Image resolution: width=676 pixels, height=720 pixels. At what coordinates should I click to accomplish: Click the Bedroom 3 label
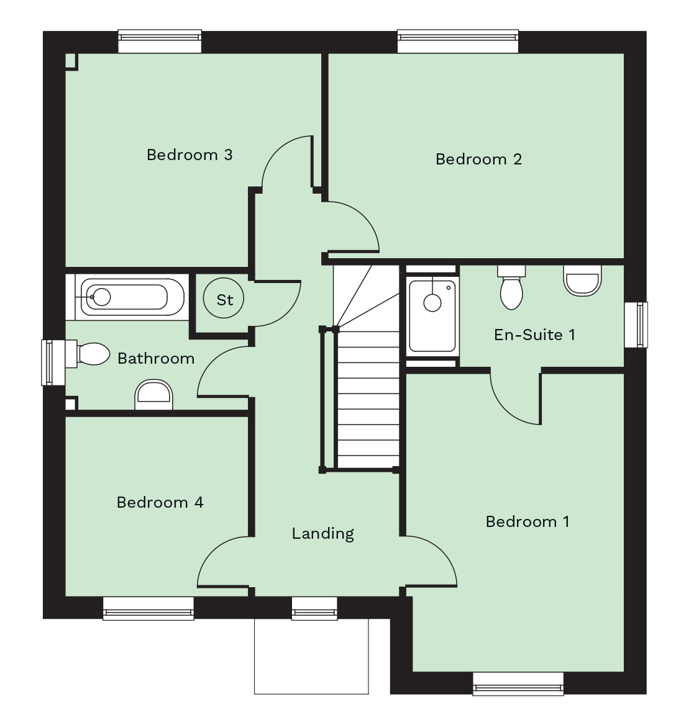coord(190,155)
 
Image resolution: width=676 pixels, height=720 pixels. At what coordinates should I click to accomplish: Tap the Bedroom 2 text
coord(478,160)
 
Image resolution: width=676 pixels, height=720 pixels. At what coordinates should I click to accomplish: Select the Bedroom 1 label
coord(528,521)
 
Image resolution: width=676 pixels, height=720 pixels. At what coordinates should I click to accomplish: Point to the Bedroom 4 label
coord(160,502)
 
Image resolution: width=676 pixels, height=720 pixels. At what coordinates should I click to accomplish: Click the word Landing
coord(323,533)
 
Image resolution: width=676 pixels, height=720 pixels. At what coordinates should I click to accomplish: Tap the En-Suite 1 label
coord(534,335)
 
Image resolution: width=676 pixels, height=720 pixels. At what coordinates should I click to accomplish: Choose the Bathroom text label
coord(156,359)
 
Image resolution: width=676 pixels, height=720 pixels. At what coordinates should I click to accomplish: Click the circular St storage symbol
coord(224,299)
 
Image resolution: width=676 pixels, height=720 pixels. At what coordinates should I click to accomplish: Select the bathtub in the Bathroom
coord(131,297)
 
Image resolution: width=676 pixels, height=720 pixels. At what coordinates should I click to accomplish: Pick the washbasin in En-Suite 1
coord(583,280)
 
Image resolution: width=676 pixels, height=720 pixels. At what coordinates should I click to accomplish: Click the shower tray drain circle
coord(432,303)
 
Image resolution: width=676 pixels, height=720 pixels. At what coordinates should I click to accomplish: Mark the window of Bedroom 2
coord(457,41)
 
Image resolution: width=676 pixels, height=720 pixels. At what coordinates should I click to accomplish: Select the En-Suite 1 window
coord(636,325)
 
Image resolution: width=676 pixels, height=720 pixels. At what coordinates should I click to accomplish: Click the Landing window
coord(314,608)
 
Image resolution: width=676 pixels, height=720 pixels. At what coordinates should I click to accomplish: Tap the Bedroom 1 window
coord(518,683)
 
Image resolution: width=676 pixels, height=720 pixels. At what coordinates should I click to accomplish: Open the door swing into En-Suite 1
coord(515,398)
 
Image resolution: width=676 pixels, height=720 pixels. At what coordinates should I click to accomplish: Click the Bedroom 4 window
coord(148,608)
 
